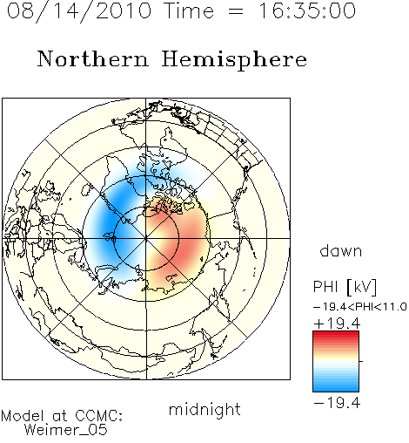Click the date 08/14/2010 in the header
tap(79, 11)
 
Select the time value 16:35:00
tap(307, 11)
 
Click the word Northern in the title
tap(93, 58)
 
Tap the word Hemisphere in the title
tap(234, 60)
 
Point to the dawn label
tap(341, 250)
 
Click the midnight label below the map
tap(204, 410)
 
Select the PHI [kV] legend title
tap(345, 287)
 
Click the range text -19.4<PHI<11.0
tap(360, 306)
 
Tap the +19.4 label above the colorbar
tap(337, 324)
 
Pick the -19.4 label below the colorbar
tap(337, 403)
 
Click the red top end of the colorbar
tap(336, 333)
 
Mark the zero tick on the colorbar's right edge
tap(361, 361)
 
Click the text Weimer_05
tap(66, 430)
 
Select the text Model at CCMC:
tap(62, 416)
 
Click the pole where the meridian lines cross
tap(146, 238)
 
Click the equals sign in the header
tap(236, 11)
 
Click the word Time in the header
tap(189, 11)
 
